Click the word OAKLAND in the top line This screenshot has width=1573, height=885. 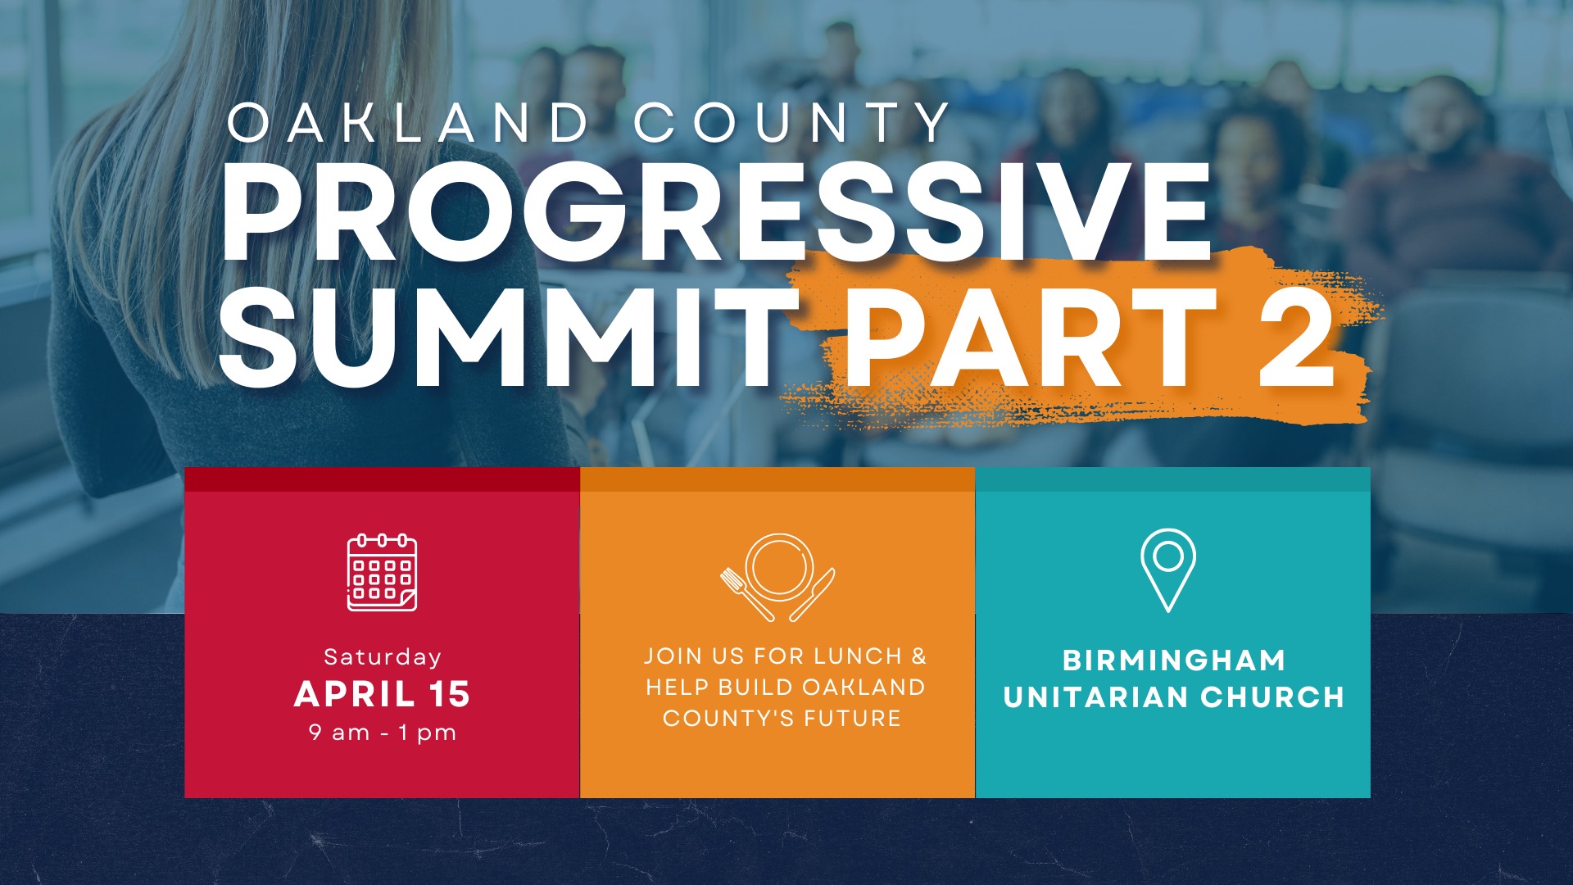pos(407,123)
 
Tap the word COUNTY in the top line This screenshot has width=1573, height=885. pos(792,123)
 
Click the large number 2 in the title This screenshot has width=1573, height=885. pos(1296,338)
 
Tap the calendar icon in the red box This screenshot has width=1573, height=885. pos(382,573)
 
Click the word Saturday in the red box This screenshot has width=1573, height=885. pos(383,657)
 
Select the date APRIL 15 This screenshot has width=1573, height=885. pos(383,694)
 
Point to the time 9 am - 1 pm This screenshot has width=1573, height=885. pos(383,733)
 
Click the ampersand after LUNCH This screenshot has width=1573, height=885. pos(919,656)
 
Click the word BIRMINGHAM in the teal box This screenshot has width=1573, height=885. pos(1174,660)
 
